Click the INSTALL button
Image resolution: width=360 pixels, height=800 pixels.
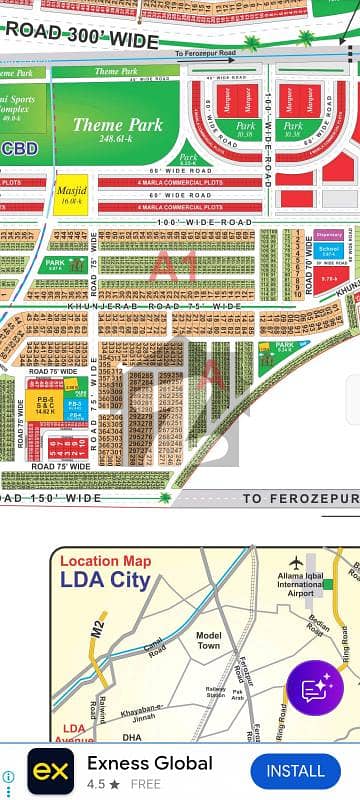(x=295, y=771)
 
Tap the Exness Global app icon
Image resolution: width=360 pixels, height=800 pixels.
(x=50, y=771)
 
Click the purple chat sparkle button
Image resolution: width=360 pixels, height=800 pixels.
(x=314, y=687)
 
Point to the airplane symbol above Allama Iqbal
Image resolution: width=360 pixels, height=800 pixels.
(x=296, y=564)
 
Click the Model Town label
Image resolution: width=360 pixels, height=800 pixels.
(x=208, y=642)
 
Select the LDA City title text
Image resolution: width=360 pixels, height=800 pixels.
(x=105, y=580)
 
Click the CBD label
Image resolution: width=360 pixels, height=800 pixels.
(x=20, y=148)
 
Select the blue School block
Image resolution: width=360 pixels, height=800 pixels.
(x=329, y=251)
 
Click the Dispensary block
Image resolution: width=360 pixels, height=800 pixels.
(x=329, y=235)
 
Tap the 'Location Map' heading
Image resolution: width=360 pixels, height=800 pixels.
(x=105, y=561)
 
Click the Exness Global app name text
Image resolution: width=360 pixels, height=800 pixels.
(x=150, y=763)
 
